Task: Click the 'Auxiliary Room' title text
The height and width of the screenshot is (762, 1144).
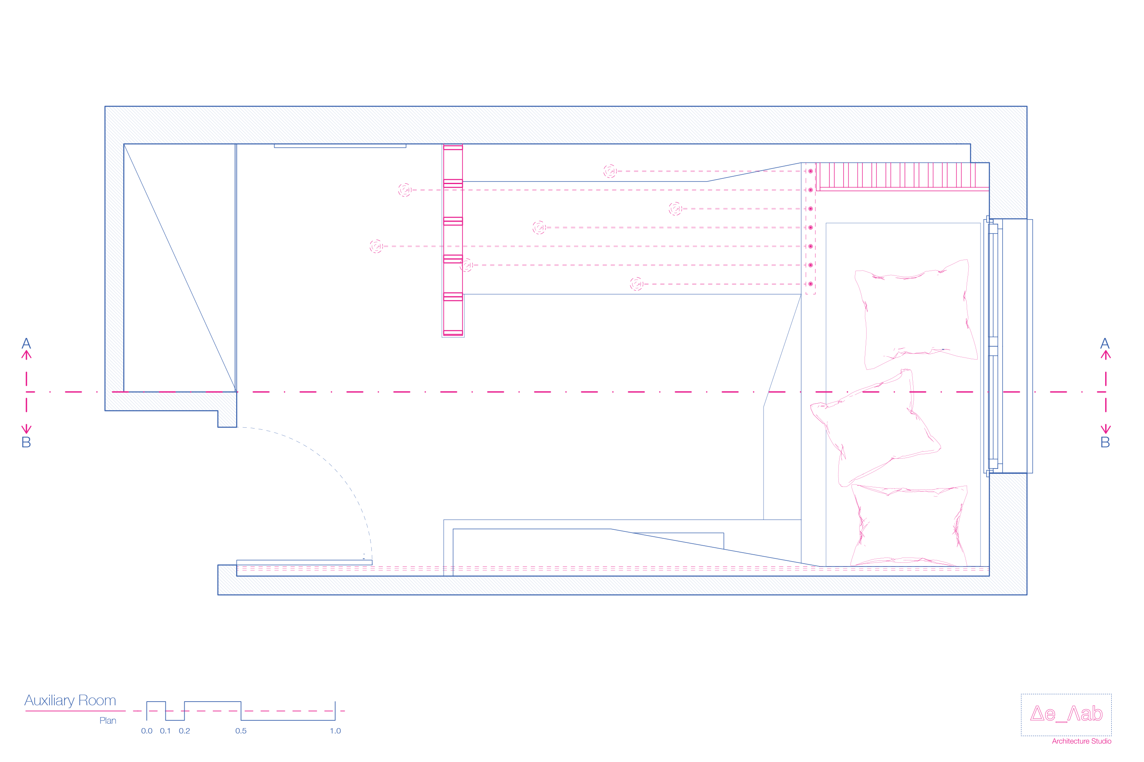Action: [71, 700]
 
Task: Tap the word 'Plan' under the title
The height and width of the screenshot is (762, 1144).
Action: [107, 721]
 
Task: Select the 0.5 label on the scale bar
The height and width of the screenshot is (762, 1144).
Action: [241, 731]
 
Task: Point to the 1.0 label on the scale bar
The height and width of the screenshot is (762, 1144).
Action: [335, 731]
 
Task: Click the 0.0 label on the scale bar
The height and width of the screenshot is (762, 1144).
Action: [146, 731]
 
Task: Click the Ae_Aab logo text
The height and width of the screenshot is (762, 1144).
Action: [1066, 714]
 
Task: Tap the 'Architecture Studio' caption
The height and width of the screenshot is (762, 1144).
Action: [1081, 741]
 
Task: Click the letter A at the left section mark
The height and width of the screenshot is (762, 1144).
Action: [26, 344]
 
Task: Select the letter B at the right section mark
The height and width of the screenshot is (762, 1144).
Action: [1105, 442]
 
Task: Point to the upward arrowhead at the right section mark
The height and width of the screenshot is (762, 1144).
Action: [1106, 355]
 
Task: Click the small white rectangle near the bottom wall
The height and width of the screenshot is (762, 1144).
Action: [961, 571]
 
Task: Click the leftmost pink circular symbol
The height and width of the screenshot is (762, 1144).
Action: [376, 247]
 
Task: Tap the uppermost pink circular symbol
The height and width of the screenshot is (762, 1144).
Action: [610, 171]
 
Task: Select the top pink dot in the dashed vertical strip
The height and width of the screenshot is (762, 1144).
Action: [810, 171]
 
